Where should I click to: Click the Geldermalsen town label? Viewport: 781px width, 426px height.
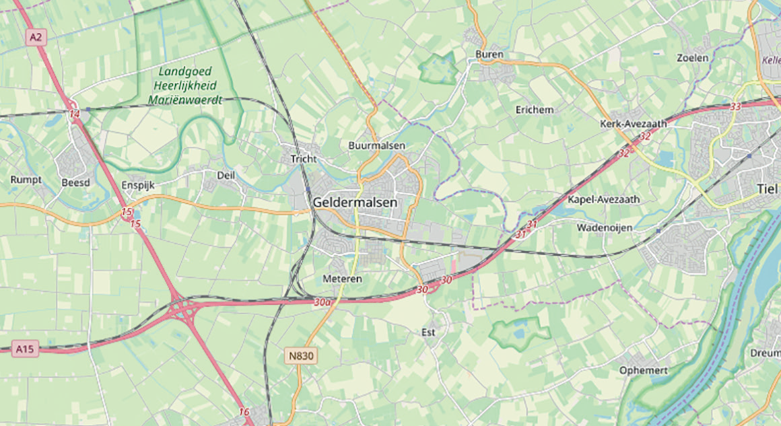point(355,202)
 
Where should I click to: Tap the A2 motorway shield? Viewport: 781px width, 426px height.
point(36,38)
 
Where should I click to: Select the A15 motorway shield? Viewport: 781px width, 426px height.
point(24,349)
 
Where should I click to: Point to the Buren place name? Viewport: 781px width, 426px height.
point(489,55)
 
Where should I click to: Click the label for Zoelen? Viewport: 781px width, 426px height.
point(693,58)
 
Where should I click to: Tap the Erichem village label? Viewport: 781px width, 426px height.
point(534,109)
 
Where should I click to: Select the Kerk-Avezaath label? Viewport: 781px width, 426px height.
point(633,124)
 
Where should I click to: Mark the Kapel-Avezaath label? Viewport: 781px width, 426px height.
point(603,200)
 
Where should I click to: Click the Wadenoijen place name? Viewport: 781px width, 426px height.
point(604,228)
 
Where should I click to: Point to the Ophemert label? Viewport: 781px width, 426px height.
point(644,371)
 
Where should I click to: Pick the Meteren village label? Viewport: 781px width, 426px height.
point(343,279)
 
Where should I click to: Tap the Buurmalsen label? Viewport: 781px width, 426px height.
point(376,145)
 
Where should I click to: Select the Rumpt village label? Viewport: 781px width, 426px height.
point(26,180)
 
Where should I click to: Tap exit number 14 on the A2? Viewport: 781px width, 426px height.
point(75,115)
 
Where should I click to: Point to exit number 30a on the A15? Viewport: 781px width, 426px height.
point(322,303)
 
